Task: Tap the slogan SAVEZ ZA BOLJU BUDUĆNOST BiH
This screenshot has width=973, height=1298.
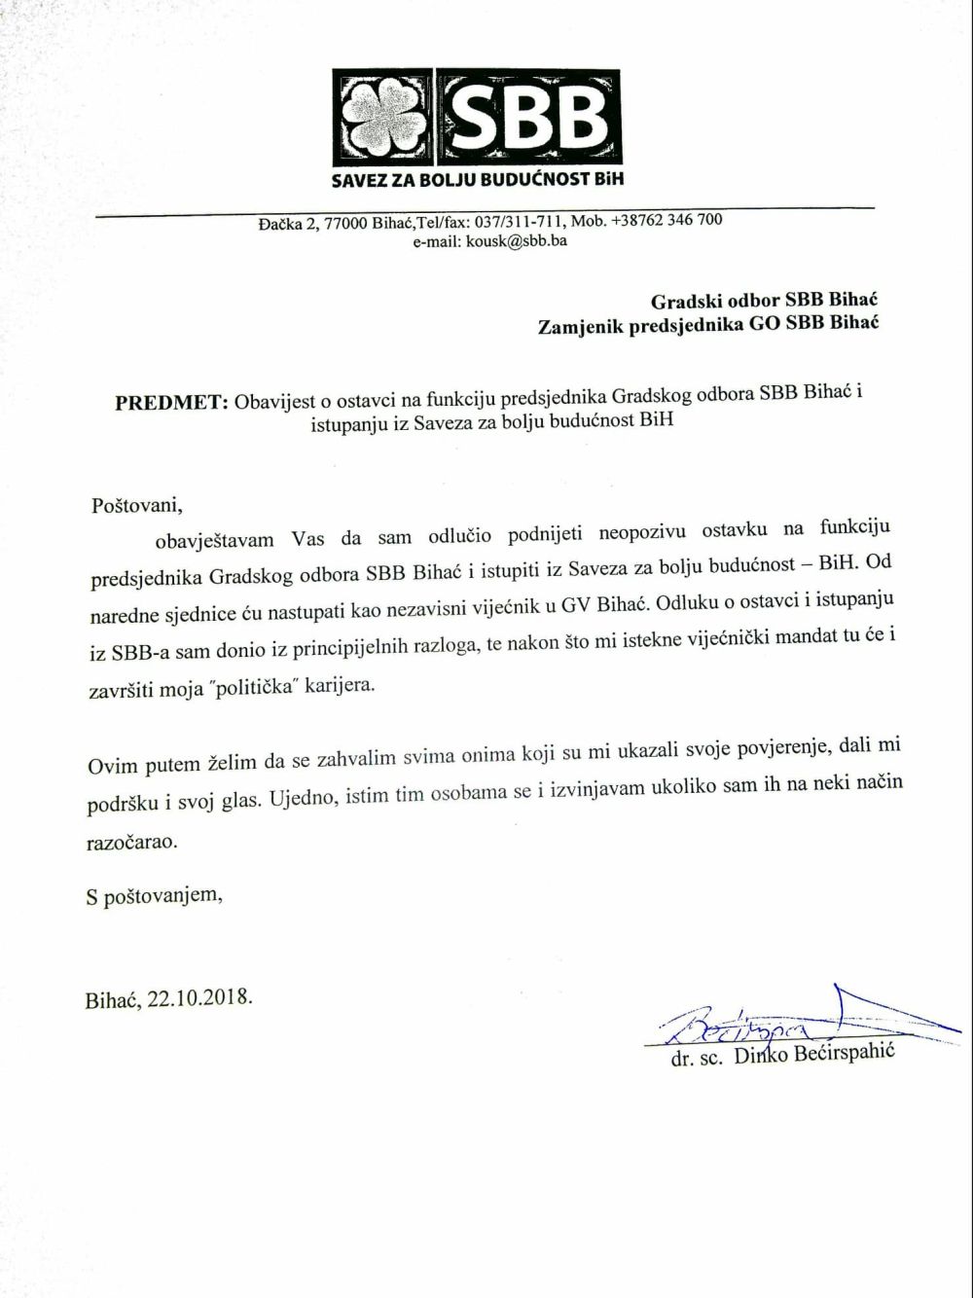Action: tap(477, 180)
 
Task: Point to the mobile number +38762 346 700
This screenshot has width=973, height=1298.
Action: tap(667, 220)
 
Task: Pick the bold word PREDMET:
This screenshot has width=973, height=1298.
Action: tap(171, 402)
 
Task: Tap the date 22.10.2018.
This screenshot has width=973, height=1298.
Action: tap(199, 998)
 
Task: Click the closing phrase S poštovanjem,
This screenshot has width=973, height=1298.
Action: tap(154, 895)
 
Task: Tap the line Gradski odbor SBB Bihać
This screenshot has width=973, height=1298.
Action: tap(764, 300)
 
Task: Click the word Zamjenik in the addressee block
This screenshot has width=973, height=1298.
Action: tap(581, 325)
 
